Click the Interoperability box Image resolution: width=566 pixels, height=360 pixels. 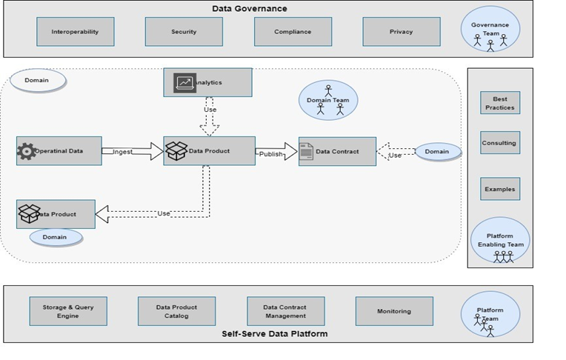pos(75,32)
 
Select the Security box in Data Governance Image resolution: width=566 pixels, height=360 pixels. pos(184,32)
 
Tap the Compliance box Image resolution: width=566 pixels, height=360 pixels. pos(293,32)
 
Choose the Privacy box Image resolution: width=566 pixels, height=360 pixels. pos(401,32)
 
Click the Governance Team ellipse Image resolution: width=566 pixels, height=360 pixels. pos(490,30)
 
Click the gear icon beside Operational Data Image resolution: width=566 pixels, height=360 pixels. pos(27,151)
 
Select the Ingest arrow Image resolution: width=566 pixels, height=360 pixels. pos(133,151)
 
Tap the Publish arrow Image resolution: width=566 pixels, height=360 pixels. pos(276,152)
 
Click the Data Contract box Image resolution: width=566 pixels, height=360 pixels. pos(337,152)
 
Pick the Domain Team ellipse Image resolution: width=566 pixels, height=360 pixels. pos(328,100)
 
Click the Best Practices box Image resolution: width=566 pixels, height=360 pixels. pos(500,103)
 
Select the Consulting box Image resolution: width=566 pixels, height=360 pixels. pos(500,143)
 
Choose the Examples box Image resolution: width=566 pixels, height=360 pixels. pos(500,189)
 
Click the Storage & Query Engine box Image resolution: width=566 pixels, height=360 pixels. pos(68,311)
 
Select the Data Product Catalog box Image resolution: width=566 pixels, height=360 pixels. pos(176,311)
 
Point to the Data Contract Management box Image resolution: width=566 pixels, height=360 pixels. pos(285,311)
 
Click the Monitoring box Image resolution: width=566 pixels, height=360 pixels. pos(394,311)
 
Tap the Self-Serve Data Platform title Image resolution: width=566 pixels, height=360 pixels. pos(274,333)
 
